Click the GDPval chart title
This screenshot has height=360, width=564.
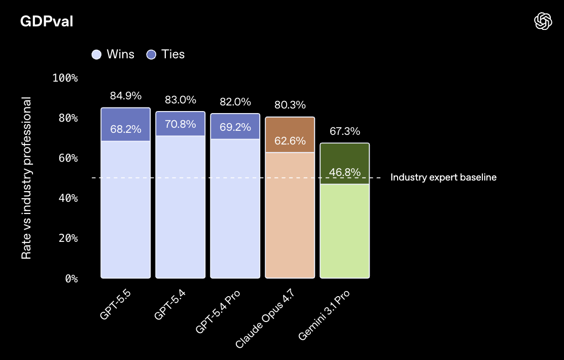click(x=47, y=21)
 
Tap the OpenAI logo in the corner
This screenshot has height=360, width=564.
click(x=543, y=21)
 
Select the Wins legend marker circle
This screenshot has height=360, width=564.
click(x=96, y=54)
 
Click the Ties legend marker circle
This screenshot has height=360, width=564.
click(x=151, y=54)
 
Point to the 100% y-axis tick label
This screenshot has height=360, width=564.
click(x=65, y=78)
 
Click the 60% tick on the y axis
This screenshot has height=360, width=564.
click(x=67, y=158)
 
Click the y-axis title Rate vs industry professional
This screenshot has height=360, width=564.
click(x=26, y=178)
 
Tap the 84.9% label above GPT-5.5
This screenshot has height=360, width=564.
click(x=126, y=95)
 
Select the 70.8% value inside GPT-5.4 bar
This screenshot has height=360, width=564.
click(x=181, y=124)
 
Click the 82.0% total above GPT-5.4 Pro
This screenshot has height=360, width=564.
click(x=235, y=101)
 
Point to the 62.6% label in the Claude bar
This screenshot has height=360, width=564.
click(x=290, y=140)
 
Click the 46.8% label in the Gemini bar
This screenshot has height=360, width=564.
click(x=345, y=172)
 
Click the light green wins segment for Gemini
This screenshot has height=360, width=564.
click(x=345, y=231)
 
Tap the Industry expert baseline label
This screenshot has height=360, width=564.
click(x=443, y=177)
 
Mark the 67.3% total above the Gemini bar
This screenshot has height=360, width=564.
click(x=345, y=131)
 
